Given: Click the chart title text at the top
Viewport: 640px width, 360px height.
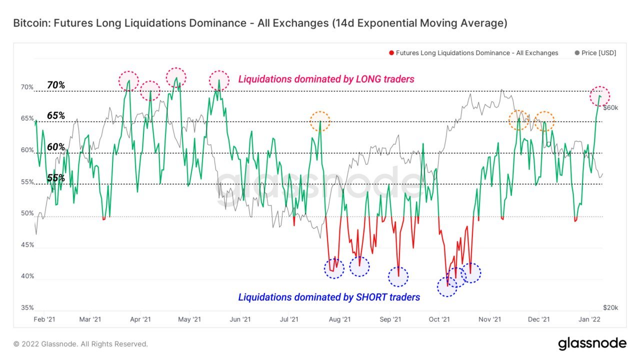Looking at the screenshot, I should [x=260, y=23].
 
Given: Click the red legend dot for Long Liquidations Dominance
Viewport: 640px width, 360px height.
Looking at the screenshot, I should [x=391, y=53].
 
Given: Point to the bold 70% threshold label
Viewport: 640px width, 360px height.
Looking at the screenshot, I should [x=56, y=85].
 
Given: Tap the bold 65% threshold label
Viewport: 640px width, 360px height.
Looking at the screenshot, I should [x=56, y=115].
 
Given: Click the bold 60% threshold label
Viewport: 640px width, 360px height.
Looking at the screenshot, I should [x=56, y=147].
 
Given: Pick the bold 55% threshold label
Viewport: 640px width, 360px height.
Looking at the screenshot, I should [x=56, y=177].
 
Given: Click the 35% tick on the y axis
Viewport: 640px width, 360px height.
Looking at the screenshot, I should [x=27, y=308].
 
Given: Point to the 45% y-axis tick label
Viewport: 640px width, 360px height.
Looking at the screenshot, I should [x=27, y=245].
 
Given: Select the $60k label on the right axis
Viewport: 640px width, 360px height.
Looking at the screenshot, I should [x=611, y=107].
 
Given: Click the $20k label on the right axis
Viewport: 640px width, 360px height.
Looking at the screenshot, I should [x=611, y=308].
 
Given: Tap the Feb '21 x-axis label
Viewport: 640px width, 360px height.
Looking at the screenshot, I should [x=44, y=319].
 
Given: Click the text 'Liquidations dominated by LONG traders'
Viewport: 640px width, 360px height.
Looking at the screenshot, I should [x=326, y=79].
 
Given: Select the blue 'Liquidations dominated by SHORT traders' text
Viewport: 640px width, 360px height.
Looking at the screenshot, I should [x=329, y=297].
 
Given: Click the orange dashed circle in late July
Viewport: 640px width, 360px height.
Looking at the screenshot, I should [x=320, y=121].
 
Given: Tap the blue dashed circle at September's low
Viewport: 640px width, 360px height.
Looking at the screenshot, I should [x=398, y=276].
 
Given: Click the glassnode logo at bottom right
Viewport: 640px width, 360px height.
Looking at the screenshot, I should [x=592, y=343].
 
